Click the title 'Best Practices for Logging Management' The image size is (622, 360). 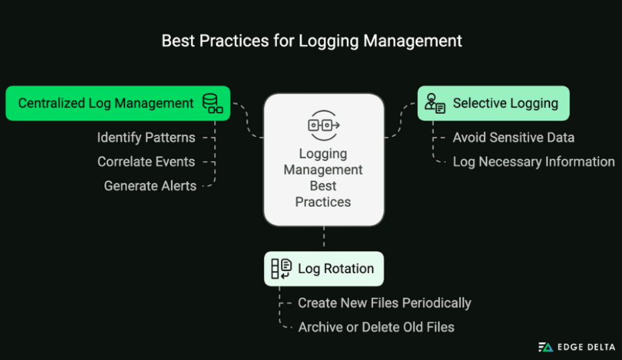coord(312,41)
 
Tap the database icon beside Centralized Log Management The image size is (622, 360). coord(211,103)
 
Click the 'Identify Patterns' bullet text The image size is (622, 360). coord(146,137)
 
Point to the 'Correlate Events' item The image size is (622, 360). coord(146,162)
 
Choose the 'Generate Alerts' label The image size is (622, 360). coord(150,186)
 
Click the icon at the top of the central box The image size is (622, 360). coord(323,125)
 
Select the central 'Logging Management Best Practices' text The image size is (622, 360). coord(323,177)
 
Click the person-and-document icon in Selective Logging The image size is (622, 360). coord(435,103)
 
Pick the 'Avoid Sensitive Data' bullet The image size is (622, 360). coord(513,137)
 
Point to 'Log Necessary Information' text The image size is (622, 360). coord(534,162)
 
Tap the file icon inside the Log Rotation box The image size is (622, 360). coord(282,268)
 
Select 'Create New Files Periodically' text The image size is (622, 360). coord(384,303)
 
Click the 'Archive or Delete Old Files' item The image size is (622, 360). coord(376,327)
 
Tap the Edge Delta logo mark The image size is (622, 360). coord(545,347)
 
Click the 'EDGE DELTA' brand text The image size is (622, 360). coord(585,347)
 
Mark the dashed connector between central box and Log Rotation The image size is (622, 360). coord(323,239)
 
